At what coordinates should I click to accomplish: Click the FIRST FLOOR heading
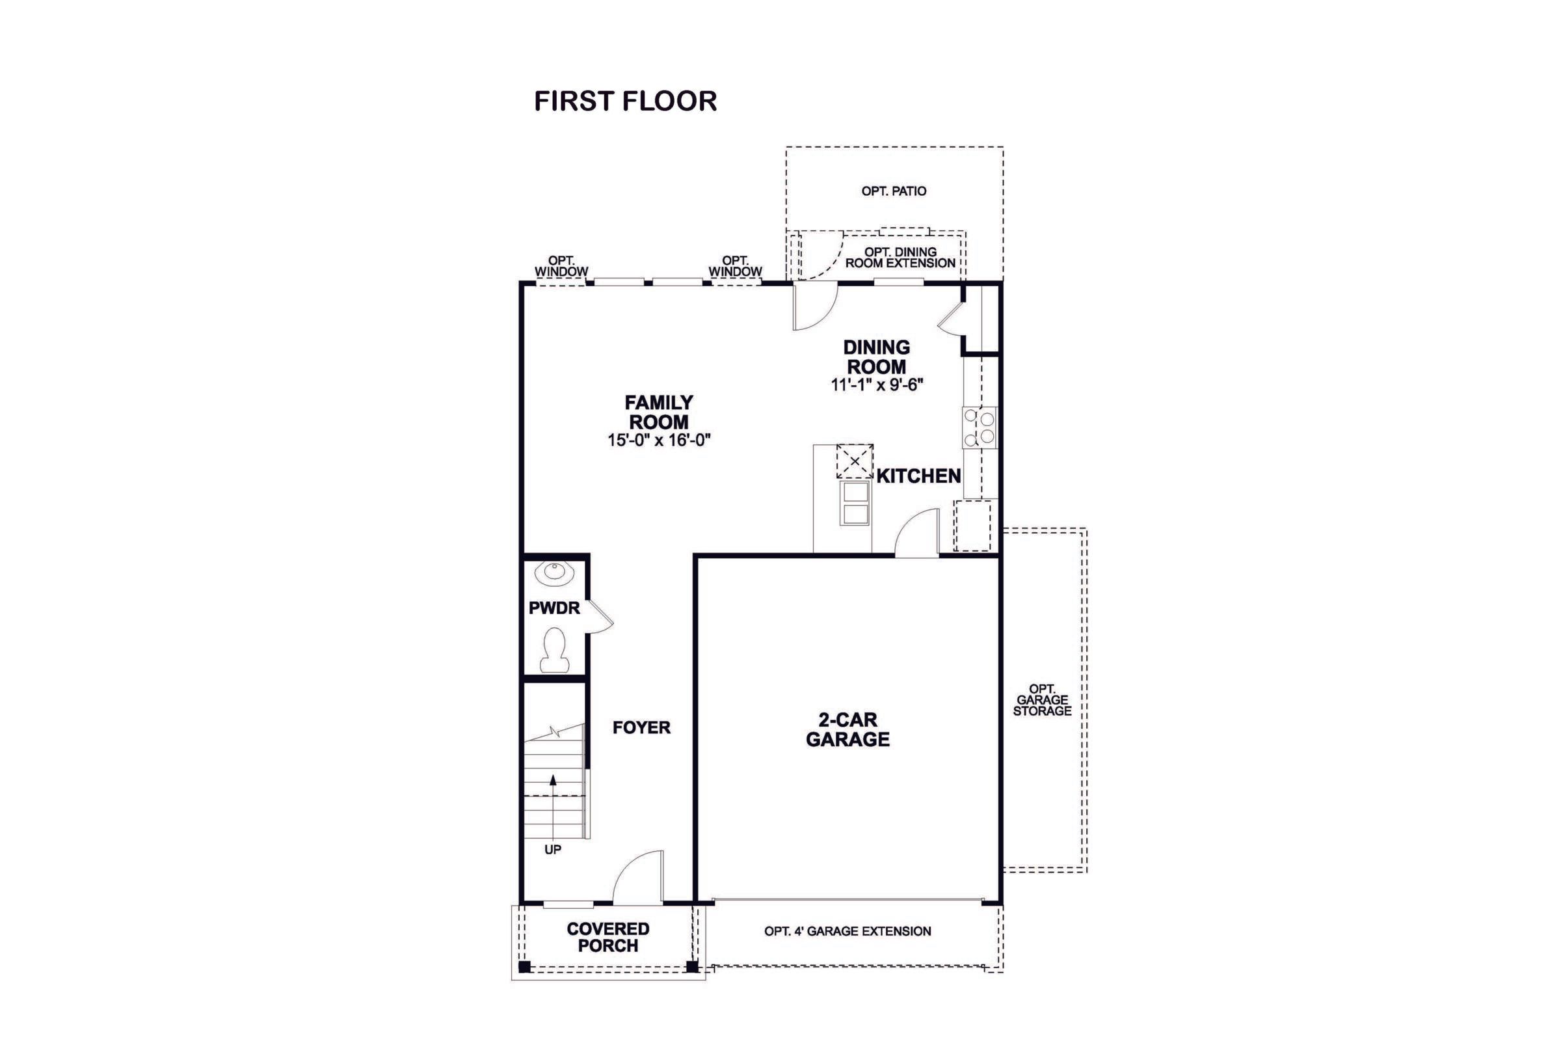pyautogui.click(x=625, y=101)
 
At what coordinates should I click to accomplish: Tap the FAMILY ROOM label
pyautogui.click(x=658, y=412)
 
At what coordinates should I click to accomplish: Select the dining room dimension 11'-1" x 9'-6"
pyautogui.click(x=877, y=385)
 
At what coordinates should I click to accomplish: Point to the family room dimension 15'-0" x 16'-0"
pyautogui.click(x=658, y=440)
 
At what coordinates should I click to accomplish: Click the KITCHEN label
pyautogui.click(x=918, y=476)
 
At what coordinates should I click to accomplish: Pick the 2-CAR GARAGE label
pyautogui.click(x=847, y=729)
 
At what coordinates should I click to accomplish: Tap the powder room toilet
pyautogui.click(x=554, y=650)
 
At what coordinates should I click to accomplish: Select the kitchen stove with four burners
pyautogui.click(x=980, y=427)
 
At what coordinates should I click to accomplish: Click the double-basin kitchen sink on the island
pyautogui.click(x=855, y=502)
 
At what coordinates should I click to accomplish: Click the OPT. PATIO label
pyautogui.click(x=893, y=191)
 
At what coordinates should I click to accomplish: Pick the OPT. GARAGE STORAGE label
pyautogui.click(x=1042, y=701)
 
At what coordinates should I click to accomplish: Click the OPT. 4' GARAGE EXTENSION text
pyautogui.click(x=847, y=932)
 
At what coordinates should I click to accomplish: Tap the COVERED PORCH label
pyautogui.click(x=607, y=937)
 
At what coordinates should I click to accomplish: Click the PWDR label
pyautogui.click(x=554, y=608)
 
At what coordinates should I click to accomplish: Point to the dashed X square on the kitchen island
pyautogui.click(x=854, y=461)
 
